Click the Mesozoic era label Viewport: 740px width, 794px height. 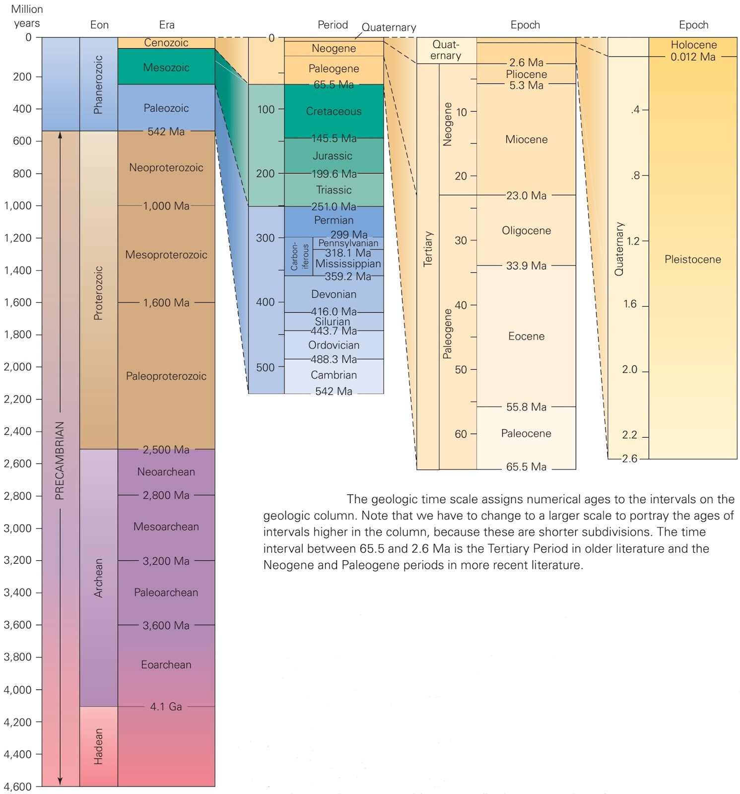166,67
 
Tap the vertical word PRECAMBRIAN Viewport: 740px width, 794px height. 60,461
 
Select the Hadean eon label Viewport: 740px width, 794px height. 98,746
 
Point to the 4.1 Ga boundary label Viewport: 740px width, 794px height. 166,706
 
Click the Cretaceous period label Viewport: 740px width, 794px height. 334,111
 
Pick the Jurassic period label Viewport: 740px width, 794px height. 333,156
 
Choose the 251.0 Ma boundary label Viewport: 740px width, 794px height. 334,206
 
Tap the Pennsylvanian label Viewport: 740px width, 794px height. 348,243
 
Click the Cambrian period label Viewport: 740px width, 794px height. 334,375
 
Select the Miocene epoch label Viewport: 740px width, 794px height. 526,139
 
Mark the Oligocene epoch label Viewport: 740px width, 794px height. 526,231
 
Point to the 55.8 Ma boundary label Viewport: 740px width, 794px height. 526,407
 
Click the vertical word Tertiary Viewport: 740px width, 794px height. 428,249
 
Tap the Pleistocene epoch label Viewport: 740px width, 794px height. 692,259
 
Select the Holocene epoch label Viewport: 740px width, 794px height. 693,45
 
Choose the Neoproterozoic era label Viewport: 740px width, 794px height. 166,168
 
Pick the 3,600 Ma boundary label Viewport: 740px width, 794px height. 166,625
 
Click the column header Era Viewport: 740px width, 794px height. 167,25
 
